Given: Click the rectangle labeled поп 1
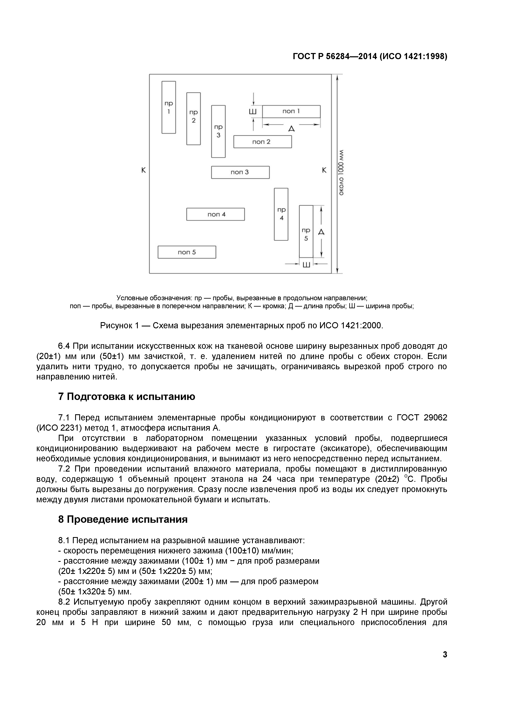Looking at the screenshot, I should coord(291,111).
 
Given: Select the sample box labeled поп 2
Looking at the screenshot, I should coord(262,142).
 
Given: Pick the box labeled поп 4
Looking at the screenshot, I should coord(216,214).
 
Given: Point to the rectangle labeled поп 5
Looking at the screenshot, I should coord(187,252).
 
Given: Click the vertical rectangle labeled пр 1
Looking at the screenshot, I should coord(169,107).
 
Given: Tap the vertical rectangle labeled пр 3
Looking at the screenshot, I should coord(218,131).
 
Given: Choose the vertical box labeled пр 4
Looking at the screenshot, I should coord(281,214).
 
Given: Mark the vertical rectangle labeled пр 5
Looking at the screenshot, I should coord(306,231).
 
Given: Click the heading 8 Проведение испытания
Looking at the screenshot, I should coord(123,519).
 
